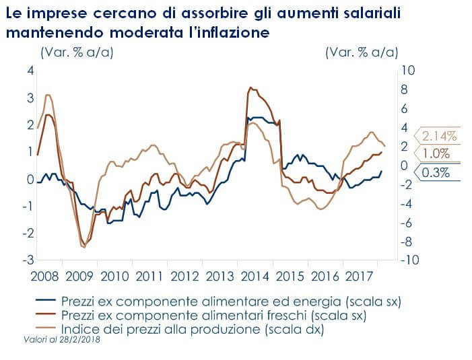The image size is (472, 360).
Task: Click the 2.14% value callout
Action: (x=439, y=136)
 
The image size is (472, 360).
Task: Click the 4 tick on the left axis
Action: (x=30, y=71)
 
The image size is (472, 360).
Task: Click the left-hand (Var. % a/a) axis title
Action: (x=77, y=52)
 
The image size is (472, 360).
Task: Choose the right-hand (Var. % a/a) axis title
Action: (x=360, y=52)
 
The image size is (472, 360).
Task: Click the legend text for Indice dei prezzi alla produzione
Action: (x=192, y=330)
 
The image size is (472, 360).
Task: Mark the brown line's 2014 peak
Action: (x=250, y=87)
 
